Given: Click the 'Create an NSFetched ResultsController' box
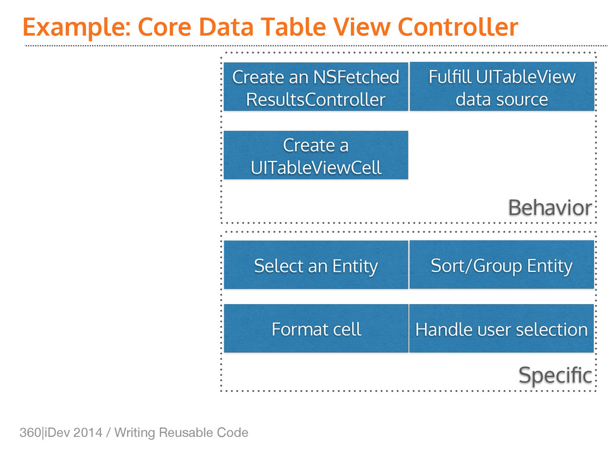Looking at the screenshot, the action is (316, 87).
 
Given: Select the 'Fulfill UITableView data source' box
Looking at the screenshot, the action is (502, 87).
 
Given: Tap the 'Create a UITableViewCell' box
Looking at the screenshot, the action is (316, 155).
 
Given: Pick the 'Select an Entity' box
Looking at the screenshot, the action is (316, 265).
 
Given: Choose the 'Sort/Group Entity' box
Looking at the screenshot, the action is (502, 264).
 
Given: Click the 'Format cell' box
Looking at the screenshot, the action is (316, 328).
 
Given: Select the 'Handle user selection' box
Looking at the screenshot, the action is (501, 328).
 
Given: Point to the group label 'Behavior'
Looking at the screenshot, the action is (550, 208).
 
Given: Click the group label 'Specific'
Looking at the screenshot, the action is (555, 376).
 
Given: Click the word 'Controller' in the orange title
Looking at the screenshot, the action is (458, 27).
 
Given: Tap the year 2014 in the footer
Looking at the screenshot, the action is (88, 432).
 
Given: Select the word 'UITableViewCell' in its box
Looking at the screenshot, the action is (316, 167).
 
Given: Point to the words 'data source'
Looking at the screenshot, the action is (502, 99).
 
